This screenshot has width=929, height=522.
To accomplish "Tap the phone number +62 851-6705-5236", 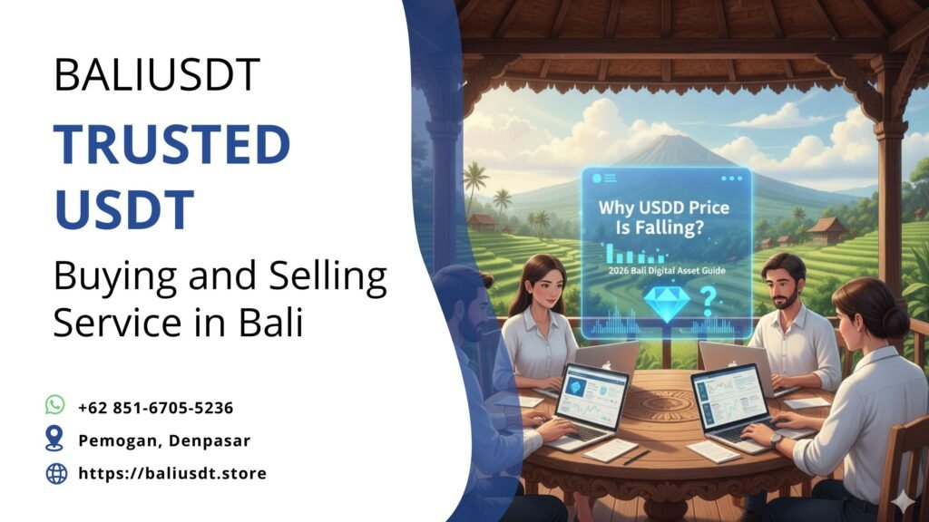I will [156, 408].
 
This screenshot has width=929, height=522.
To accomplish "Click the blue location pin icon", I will [56, 440].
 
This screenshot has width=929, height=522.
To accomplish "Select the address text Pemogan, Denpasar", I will [164, 440].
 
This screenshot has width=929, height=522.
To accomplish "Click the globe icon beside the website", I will [56, 473].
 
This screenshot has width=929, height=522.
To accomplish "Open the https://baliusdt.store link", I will [172, 473].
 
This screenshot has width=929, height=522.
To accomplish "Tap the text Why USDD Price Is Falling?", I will [664, 217].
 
